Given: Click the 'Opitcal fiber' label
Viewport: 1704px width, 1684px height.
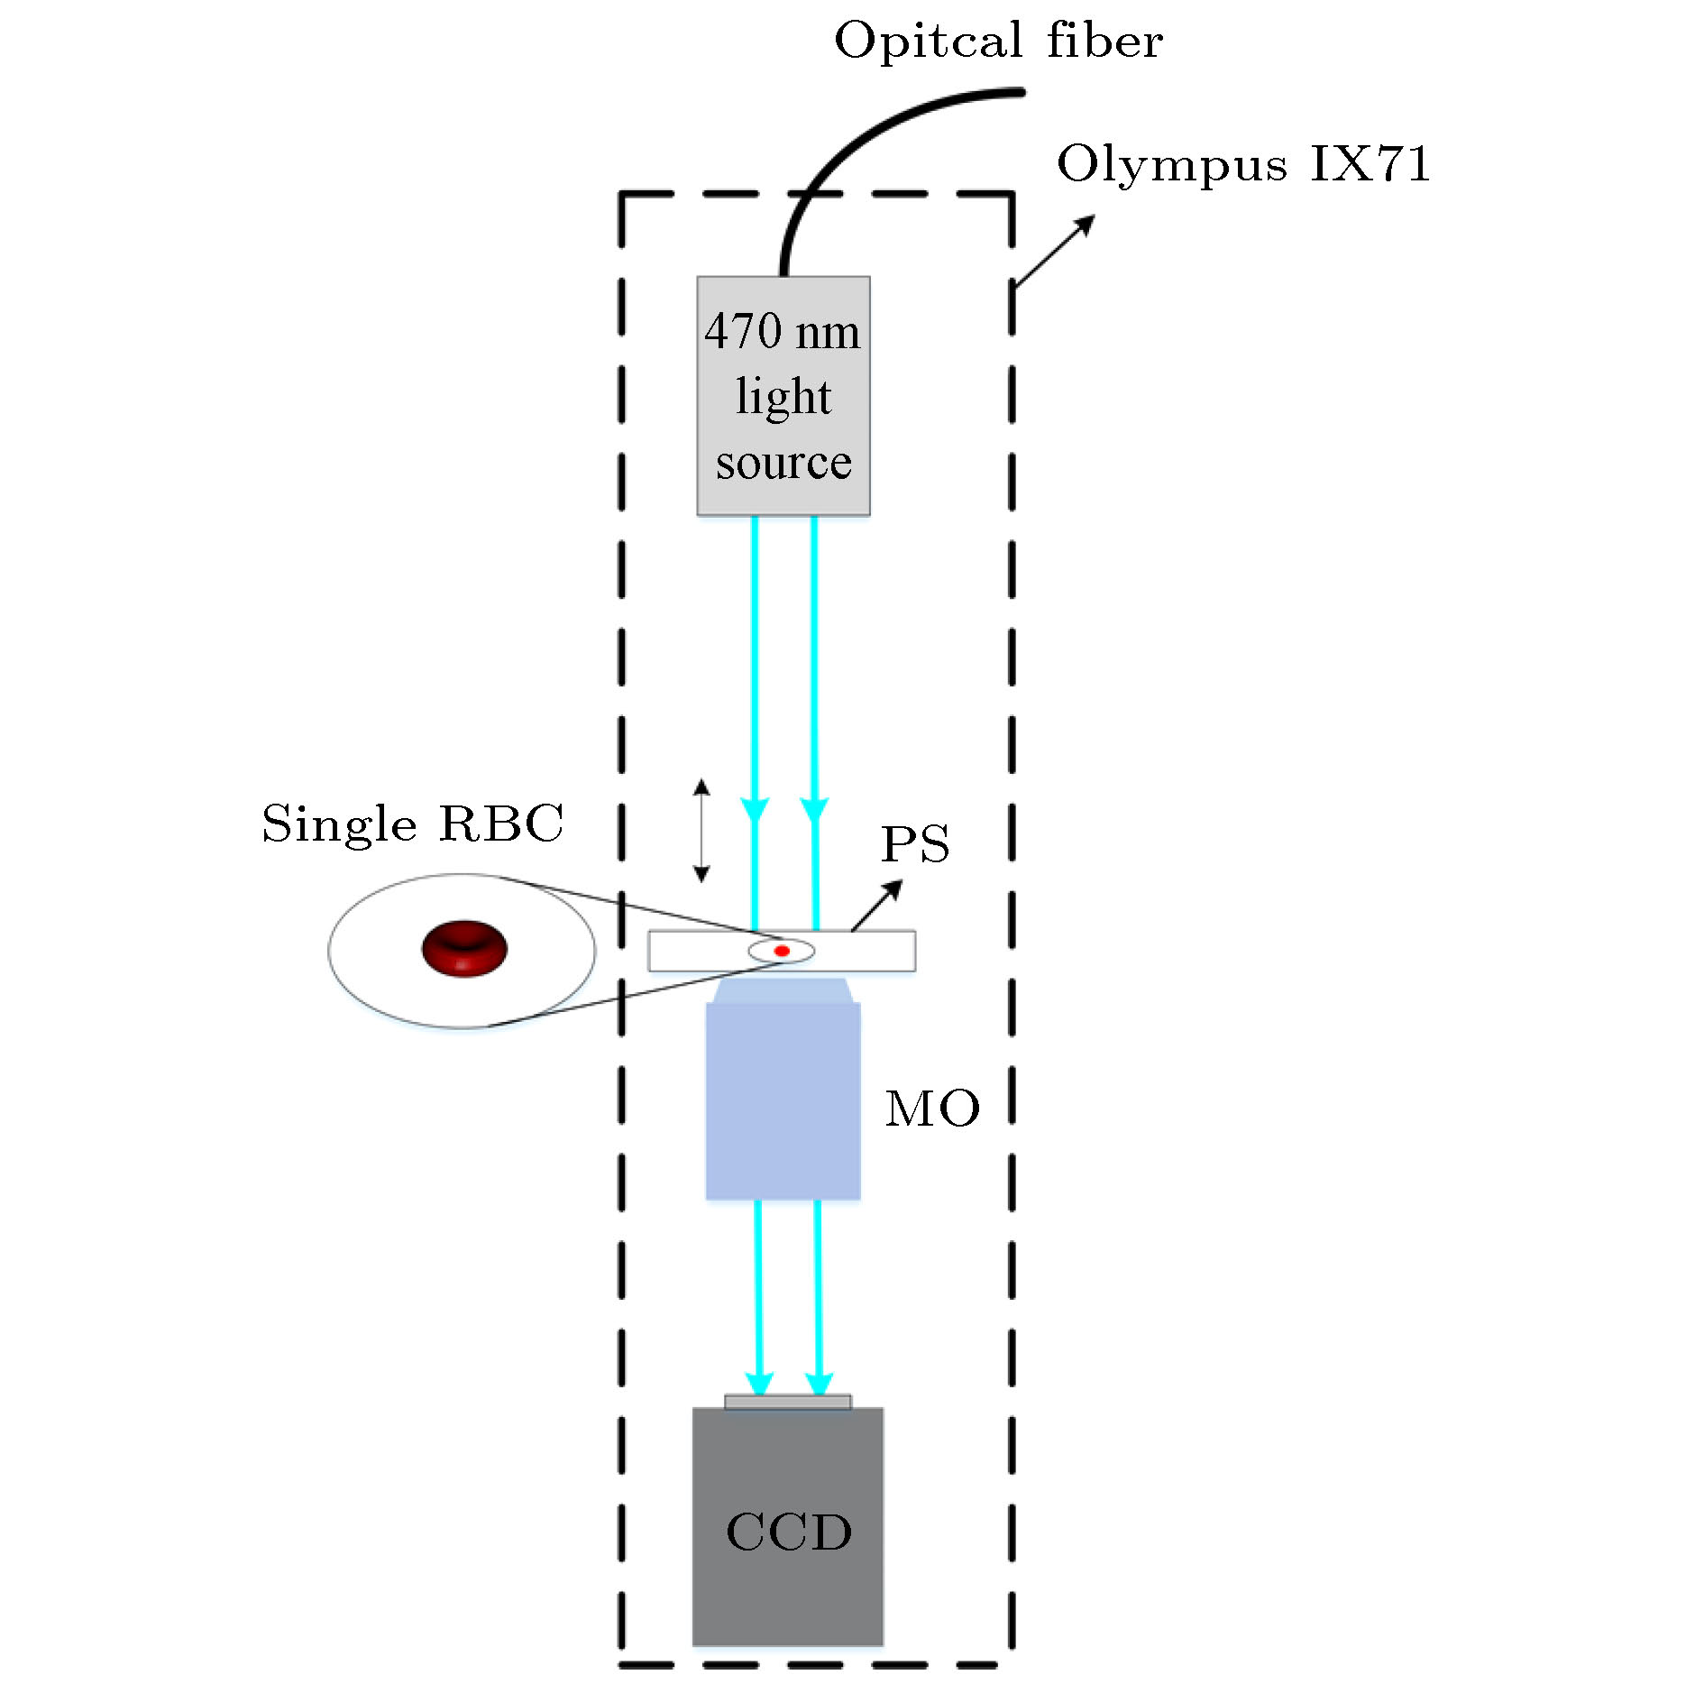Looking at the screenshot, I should point(998,41).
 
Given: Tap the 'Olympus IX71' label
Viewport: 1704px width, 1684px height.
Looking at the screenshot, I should point(1243,164).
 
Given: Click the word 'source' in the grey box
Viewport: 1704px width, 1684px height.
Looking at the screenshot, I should point(783,463).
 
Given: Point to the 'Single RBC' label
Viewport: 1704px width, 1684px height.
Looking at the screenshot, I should point(412,824).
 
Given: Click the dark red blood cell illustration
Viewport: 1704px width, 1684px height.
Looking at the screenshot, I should point(464,948).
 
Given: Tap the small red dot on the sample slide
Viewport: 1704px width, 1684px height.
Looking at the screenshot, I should point(782,951).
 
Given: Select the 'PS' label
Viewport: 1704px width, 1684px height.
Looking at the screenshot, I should point(915,844).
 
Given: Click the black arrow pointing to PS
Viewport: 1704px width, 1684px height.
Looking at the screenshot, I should point(876,905).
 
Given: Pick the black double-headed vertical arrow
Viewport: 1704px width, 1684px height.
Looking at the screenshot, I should point(701,831).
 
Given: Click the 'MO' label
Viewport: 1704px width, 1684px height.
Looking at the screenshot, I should point(932,1109).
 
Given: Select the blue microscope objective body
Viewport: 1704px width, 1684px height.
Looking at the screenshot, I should point(783,1100).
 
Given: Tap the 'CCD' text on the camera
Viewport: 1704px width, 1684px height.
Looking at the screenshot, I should point(789,1532).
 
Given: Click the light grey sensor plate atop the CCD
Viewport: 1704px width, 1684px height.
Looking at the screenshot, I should point(788,1402).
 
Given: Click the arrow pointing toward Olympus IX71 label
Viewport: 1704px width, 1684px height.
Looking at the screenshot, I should point(1054,251).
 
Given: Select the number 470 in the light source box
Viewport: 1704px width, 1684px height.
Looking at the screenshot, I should point(744,331).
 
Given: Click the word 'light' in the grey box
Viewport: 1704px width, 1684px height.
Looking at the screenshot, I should point(783,397).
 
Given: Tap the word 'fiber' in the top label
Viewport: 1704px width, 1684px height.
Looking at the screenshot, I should point(1104,41).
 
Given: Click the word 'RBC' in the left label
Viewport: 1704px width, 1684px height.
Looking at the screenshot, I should point(501,824).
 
